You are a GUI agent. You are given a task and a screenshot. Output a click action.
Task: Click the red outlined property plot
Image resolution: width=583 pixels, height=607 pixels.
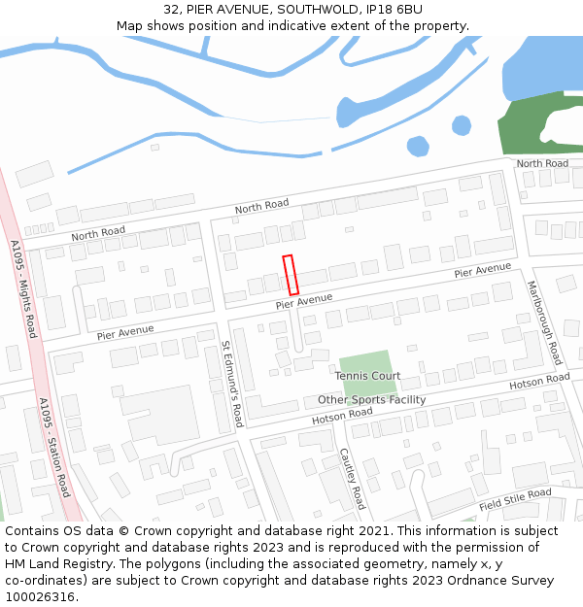point(290,275)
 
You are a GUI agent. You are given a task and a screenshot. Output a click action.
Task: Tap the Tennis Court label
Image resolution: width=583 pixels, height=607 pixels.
point(367,375)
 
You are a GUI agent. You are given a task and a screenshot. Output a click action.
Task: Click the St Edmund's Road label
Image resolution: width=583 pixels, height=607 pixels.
point(231,385)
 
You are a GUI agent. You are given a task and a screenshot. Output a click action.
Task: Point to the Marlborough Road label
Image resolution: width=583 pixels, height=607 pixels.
point(544,322)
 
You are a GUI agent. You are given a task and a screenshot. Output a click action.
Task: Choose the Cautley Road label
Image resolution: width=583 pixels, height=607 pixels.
point(352,479)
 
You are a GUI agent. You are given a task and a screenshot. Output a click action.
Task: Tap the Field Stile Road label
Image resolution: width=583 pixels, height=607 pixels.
point(515,500)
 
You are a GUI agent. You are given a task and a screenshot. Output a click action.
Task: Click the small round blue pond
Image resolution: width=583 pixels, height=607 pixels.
point(418,147)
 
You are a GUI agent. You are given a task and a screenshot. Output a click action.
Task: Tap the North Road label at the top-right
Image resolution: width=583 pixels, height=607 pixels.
point(542,163)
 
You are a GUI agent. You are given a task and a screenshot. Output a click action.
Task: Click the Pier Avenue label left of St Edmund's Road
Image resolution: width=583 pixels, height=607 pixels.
point(125,332)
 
